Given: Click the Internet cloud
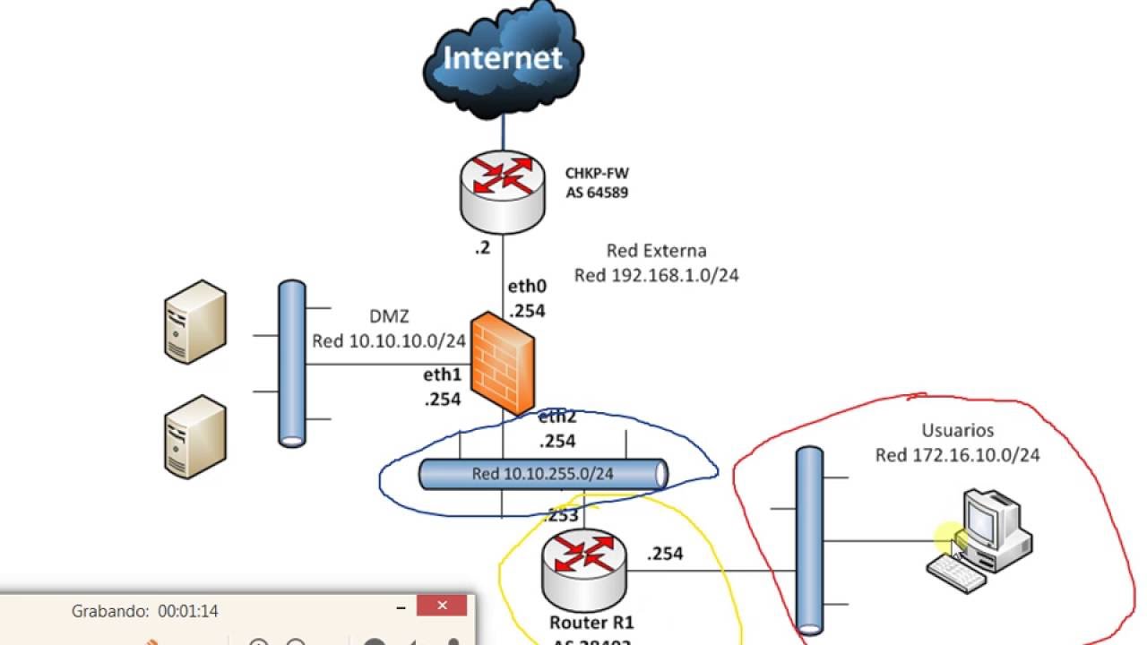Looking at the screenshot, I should coord(504,59).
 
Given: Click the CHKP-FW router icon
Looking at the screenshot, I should coord(503,190).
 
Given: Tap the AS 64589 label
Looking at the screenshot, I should coord(597,193).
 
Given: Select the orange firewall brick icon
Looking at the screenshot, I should coord(505,362).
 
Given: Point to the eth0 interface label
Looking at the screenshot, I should coord(527,288).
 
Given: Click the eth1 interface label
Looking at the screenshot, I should coord(442,375).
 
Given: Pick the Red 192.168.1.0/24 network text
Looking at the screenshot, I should coord(656,276).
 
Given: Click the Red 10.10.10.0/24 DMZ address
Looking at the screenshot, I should coord(388,341).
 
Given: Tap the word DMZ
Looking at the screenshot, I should coord(389,316).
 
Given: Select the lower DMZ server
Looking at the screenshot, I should coord(194,436).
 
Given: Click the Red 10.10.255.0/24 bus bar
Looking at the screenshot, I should coord(543,474).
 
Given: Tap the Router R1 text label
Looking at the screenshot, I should coord(592,622).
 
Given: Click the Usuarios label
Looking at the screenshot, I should coord(957,431).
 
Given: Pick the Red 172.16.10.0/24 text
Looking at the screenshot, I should coord(957,456).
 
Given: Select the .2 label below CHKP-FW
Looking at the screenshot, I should coord(482,248).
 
